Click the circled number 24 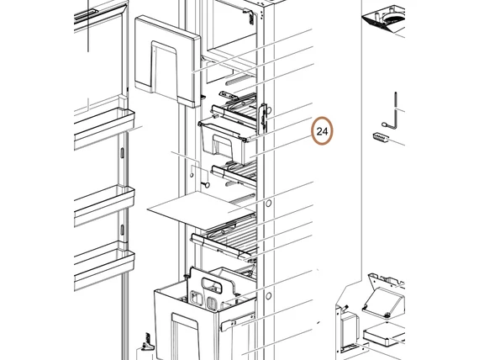pyautogui.click(x=322, y=131)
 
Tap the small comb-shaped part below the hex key pyautogui.click(x=381, y=138)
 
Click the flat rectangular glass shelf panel pyautogui.click(x=201, y=210)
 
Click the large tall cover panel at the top pyautogui.click(x=168, y=61)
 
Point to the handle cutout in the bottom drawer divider pyautogui.click(x=212, y=284)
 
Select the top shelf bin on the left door pyautogui.click(x=104, y=128)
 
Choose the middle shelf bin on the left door pyautogui.click(x=104, y=205)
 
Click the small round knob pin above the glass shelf pyautogui.click(x=206, y=184)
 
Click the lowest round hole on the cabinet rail pyautogui.click(x=269, y=296)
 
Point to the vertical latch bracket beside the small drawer pyautogui.click(x=263, y=119)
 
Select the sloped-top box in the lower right pyautogui.click(x=384, y=299)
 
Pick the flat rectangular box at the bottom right pyautogui.click(x=384, y=336)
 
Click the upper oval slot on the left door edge pyautogui.click(x=122, y=153)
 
